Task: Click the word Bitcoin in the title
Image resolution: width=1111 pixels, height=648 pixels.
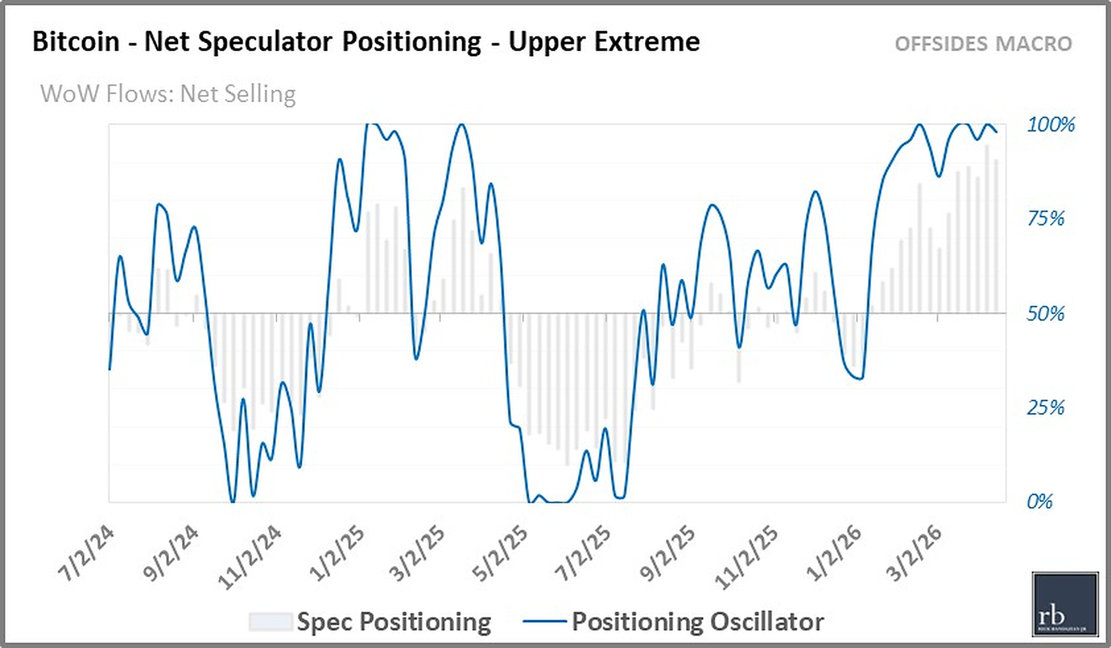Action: (x=76, y=42)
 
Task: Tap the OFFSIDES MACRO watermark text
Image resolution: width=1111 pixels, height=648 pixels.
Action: (x=983, y=44)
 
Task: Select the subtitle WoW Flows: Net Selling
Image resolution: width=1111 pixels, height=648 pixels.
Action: (x=168, y=94)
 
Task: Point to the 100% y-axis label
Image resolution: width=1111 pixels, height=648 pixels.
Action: (x=1051, y=125)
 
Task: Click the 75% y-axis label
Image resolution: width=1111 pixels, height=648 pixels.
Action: (x=1046, y=218)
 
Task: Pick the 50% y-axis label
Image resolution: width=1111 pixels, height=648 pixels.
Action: (x=1046, y=314)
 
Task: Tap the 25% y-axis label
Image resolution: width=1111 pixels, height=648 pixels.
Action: (x=1046, y=407)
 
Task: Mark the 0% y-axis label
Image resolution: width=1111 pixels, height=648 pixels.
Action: (x=1039, y=501)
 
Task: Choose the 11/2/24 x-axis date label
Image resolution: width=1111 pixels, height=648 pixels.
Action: (x=250, y=557)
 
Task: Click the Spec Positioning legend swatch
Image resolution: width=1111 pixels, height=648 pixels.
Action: (x=270, y=621)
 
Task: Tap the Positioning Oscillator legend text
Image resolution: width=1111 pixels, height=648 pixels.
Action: (x=697, y=621)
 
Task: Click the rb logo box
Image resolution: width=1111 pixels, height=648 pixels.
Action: (x=1065, y=604)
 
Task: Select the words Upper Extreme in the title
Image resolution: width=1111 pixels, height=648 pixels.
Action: (x=604, y=42)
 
